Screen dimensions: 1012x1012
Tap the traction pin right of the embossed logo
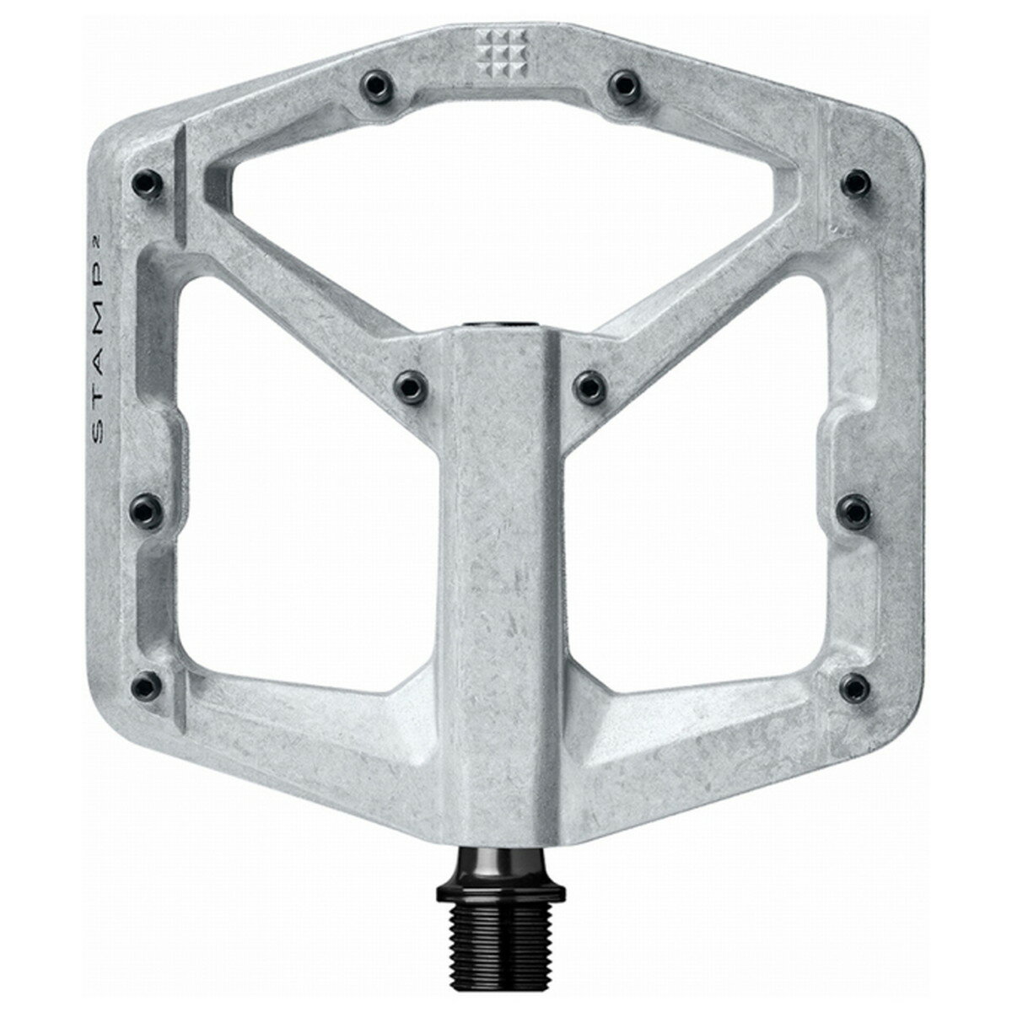pyautogui.click(x=622, y=83)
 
